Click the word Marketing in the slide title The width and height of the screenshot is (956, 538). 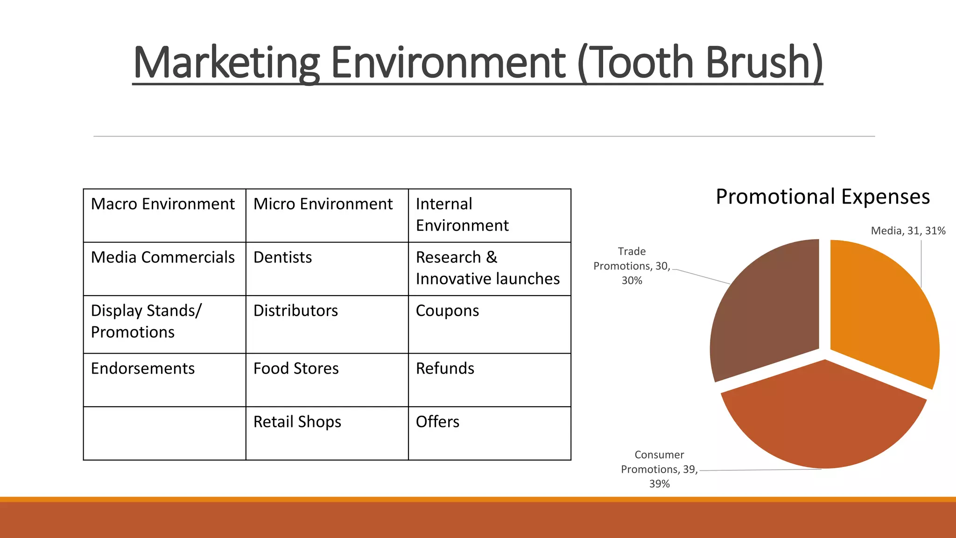[x=226, y=63]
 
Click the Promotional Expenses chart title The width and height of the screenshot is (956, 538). [x=822, y=197]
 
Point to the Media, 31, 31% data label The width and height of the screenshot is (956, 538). [x=908, y=231]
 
